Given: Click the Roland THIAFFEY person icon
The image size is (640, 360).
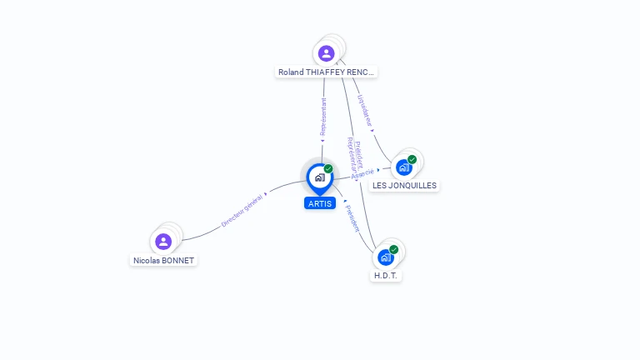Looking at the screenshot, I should (326, 53).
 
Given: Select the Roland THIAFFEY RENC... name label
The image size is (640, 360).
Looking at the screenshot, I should (327, 72).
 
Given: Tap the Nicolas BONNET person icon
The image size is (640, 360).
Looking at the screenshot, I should (163, 242).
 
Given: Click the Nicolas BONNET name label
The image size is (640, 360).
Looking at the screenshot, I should (163, 261).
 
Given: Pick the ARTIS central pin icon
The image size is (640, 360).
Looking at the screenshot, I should (319, 177).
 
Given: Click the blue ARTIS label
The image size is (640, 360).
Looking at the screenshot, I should (319, 203).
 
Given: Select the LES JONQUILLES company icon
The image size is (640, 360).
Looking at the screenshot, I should (404, 167).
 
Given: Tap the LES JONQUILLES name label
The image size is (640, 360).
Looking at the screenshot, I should (404, 186).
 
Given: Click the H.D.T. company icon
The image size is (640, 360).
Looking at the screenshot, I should (386, 257).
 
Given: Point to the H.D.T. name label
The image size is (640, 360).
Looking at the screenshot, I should (386, 276).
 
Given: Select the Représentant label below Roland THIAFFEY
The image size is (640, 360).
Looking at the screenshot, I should (323, 117).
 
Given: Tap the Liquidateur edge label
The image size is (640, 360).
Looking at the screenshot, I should (364, 110).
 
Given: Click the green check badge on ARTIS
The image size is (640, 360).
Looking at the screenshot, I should (328, 169).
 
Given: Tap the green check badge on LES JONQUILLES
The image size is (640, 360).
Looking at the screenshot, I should (412, 159).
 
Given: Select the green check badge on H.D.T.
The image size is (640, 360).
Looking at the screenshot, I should (393, 249).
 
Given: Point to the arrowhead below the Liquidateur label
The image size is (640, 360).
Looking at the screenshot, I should (372, 130).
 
